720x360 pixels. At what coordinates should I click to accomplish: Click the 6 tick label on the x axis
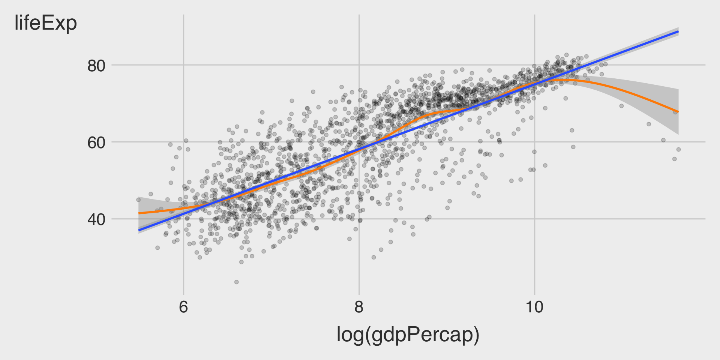tap(183, 307)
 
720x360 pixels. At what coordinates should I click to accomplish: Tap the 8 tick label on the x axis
tap(359, 307)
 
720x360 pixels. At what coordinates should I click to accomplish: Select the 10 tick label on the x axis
tap(534, 307)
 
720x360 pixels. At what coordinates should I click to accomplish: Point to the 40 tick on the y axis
tap(96, 219)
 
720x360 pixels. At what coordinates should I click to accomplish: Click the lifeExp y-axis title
tap(46, 23)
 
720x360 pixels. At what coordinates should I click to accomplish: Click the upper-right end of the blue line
tap(678, 32)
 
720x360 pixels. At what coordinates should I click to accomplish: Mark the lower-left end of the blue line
tap(139, 230)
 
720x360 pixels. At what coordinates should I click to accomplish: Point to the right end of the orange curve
tap(678, 112)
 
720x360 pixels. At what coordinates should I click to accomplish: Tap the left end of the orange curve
tap(139, 213)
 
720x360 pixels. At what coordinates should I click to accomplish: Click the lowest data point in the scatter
tap(236, 282)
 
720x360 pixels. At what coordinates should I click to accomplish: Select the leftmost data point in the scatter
tap(138, 200)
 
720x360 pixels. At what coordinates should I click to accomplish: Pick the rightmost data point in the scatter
tap(678, 150)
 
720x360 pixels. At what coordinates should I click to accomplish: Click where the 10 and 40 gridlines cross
tap(534, 219)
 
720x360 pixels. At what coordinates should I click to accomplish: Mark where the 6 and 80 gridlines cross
tap(183, 65)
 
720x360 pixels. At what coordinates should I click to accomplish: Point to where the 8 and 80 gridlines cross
tap(359, 65)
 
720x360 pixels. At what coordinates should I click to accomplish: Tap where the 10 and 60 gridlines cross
tap(534, 142)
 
